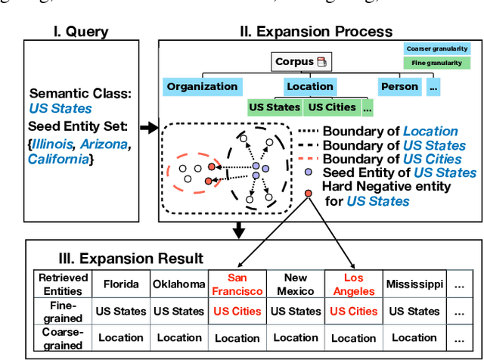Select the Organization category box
pyautogui.click(x=202, y=86)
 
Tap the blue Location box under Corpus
pyautogui.click(x=309, y=86)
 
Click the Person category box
pyautogui.click(x=399, y=86)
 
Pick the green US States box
pyautogui.click(x=275, y=107)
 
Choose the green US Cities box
pyautogui.click(x=332, y=107)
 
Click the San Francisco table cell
pyautogui.click(x=237, y=284)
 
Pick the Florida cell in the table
pyautogui.click(x=121, y=285)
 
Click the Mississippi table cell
pyautogui.click(x=413, y=285)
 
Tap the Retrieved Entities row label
pyautogui.click(x=64, y=284)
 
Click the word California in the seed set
pyautogui.click(x=57, y=159)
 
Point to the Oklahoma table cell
pyautogui.click(x=179, y=285)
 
